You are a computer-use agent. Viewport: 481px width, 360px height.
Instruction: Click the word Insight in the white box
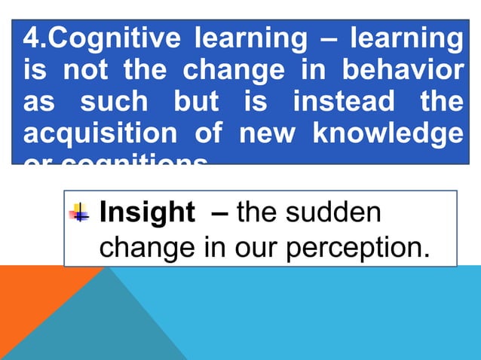(x=146, y=213)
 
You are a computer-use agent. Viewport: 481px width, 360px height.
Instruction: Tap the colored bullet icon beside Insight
(x=79, y=213)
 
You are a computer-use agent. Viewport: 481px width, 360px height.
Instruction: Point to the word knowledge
(x=388, y=134)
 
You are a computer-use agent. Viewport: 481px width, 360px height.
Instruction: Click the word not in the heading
(x=85, y=69)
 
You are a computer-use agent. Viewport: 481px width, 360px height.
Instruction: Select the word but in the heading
(x=197, y=102)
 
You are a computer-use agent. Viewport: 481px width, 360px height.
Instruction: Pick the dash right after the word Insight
(x=219, y=214)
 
